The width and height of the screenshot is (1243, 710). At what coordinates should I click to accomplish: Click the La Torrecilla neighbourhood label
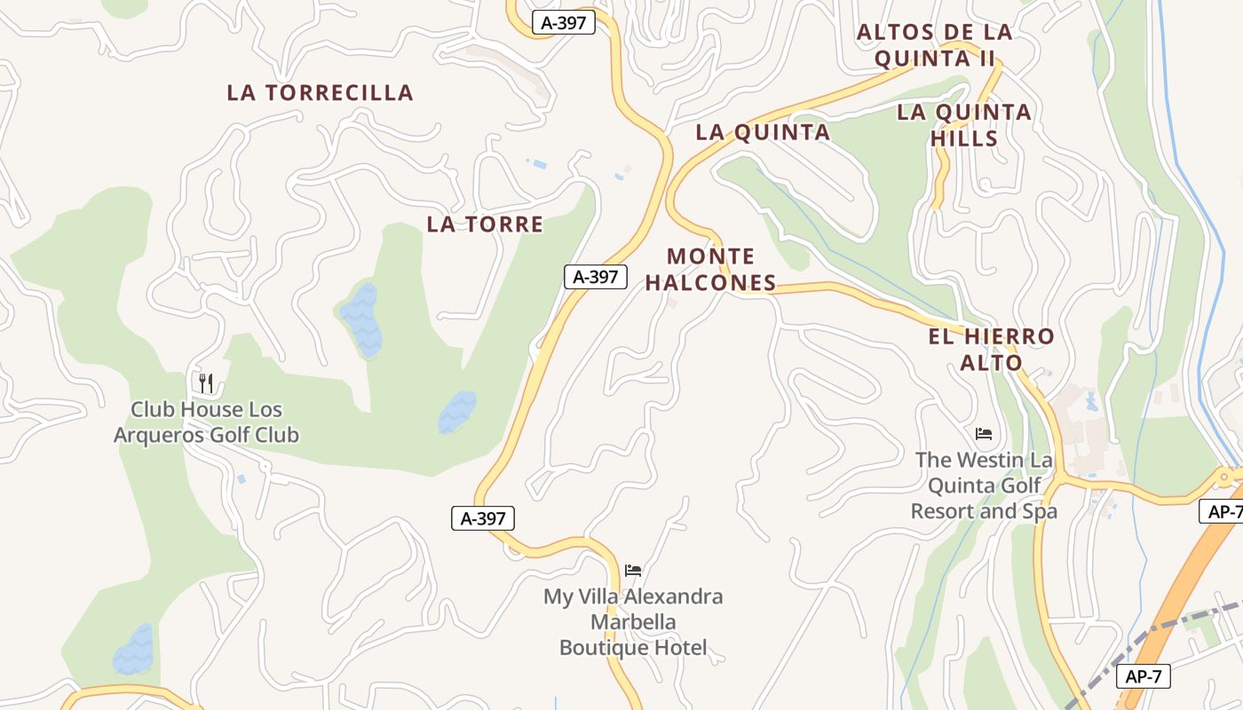click(x=320, y=92)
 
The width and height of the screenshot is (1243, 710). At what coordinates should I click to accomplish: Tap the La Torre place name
click(x=485, y=224)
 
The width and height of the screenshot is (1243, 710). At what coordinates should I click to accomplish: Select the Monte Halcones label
click(x=710, y=270)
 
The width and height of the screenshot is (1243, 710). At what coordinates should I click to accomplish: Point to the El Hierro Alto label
click(x=991, y=350)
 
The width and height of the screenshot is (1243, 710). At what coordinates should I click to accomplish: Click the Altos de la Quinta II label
click(x=934, y=46)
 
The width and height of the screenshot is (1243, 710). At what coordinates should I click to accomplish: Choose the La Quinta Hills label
click(x=964, y=125)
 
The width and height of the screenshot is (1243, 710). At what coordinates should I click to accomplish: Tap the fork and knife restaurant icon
click(x=206, y=383)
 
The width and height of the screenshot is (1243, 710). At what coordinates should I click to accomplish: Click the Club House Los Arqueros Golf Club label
click(x=206, y=422)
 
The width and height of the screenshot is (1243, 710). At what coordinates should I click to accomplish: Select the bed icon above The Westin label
click(x=984, y=434)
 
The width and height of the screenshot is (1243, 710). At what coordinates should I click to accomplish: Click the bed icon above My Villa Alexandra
click(x=633, y=570)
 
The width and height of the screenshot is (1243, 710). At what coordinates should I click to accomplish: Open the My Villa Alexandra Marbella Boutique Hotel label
click(x=633, y=622)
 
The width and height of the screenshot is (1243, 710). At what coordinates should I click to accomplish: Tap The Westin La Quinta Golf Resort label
click(x=984, y=485)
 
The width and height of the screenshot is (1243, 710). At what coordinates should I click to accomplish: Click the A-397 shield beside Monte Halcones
click(x=595, y=277)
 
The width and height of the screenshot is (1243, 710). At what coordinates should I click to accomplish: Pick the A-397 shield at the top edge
click(x=563, y=23)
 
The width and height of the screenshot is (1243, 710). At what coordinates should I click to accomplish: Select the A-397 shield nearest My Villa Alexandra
click(x=483, y=518)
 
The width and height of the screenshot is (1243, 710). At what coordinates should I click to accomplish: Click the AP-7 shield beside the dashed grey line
click(x=1144, y=676)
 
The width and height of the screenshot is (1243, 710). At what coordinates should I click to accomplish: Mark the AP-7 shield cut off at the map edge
click(x=1223, y=511)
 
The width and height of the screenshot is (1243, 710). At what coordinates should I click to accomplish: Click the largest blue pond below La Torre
click(x=361, y=319)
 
